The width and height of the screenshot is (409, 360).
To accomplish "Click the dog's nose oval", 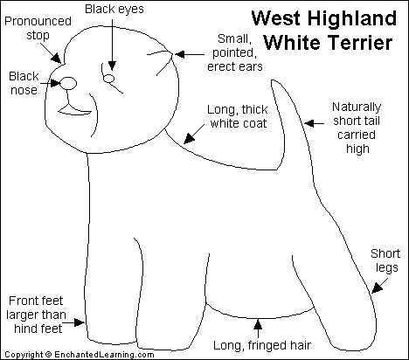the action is [68, 83].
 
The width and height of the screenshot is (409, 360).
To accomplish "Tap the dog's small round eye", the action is [109, 79].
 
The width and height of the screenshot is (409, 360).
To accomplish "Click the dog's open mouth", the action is [75, 111].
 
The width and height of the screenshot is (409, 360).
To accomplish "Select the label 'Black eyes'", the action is [114, 9].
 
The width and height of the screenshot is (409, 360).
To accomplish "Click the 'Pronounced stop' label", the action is [38, 28].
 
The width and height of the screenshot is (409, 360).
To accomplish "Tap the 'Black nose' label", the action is [24, 83].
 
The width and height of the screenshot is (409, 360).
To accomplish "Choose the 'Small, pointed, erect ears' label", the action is [235, 52].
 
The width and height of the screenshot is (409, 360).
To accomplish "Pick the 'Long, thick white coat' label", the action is [238, 116].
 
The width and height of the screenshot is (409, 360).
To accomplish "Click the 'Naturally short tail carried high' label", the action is [357, 128].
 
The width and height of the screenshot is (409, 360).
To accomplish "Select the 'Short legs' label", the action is [385, 261].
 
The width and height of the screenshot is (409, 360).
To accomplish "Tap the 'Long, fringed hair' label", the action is [262, 346].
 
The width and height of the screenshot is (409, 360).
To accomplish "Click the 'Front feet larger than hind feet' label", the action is [36, 315].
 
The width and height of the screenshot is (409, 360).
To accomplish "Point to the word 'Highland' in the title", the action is [352, 18].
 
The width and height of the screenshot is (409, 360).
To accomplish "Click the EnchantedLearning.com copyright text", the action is [80, 355].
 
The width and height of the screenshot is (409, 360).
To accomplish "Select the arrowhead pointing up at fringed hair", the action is [258, 324].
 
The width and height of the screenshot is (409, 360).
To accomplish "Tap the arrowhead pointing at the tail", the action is [308, 123].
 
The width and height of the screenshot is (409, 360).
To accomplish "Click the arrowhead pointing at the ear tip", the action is [179, 54].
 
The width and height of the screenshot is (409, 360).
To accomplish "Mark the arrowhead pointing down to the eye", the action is [112, 66].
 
